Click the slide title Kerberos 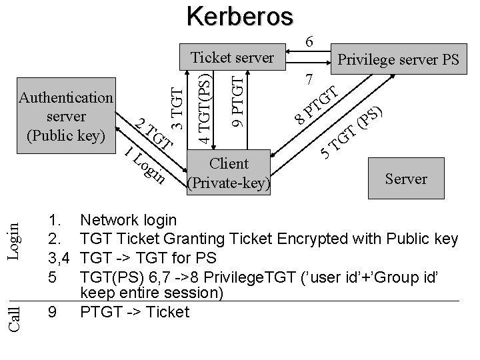pos(239,16)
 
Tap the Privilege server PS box pos(398,60)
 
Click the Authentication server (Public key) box pos(66,117)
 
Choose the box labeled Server pos(405,179)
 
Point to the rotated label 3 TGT pos(176,104)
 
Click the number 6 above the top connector pos(309,41)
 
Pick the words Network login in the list pos(128,220)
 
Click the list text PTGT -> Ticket pos(134,311)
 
